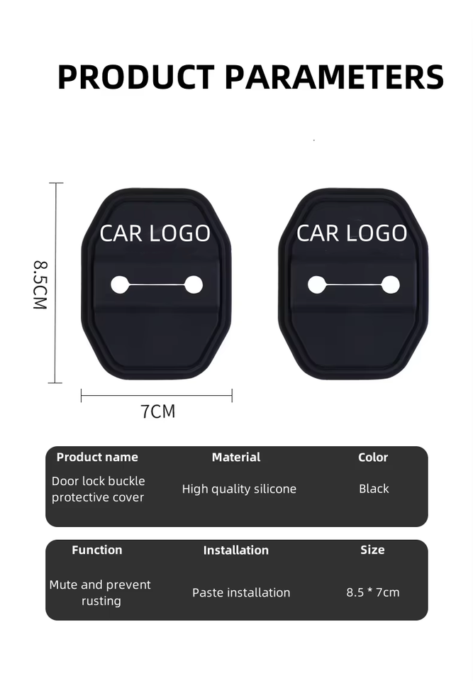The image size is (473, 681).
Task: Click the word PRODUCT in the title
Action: (135, 77)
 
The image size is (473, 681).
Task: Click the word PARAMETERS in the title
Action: (334, 77)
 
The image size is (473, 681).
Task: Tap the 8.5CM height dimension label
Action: (40, 284)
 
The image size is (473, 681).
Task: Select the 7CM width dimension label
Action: (157, 411)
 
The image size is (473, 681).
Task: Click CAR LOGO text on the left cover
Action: (155, 233)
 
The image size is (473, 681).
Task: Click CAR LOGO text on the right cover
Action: (352, 233)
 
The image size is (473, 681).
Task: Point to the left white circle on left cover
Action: (120, 285)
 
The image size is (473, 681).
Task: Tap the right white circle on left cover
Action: (194, 285)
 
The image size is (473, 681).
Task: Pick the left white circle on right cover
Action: (316, 285)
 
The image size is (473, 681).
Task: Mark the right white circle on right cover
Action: (390, 285)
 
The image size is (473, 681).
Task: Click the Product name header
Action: (97, 458)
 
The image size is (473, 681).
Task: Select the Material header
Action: (236, 458)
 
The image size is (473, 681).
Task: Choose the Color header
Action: (373, 458)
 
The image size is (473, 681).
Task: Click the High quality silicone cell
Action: (239, 489)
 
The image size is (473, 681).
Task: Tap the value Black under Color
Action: (374, 489)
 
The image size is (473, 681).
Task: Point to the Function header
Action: (97, 550)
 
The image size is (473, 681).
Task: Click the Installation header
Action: (236, 550)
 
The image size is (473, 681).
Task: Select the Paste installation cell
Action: (241, 592)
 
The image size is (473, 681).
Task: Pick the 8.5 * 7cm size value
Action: (373, 592)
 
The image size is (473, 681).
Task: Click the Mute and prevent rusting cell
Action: (100, 592)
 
